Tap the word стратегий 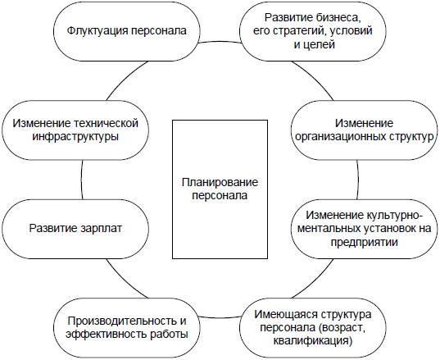point(300,31)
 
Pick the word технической point(106,123)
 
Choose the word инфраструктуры point(75,137)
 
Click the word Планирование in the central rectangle point(220,182)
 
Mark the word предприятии point(365,242)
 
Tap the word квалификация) point(312,341)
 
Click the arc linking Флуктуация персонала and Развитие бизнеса point(220,42)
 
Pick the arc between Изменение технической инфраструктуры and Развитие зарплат point(81,180)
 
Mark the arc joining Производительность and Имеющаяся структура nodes point(220,317)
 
